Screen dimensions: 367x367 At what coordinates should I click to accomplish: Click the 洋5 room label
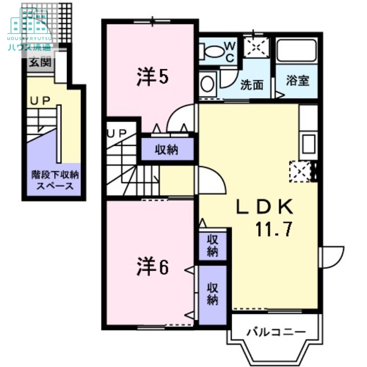coord(152,77)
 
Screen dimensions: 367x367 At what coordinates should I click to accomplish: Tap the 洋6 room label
coord(152,267)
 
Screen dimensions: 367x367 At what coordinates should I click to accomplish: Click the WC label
coord(229,51)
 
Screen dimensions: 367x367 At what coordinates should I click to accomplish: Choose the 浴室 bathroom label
coord(297,81)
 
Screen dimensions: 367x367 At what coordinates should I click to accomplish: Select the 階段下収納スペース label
coord(55,180)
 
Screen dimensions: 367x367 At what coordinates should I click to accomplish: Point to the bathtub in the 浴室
coord(297,52)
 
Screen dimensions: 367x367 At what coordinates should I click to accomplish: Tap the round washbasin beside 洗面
coord(207,84)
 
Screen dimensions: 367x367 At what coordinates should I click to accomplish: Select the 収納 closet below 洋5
coord(167,149)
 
